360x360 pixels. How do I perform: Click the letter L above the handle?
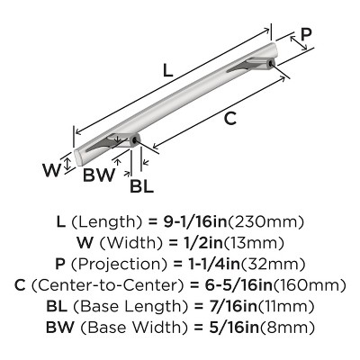(x=168, y=71)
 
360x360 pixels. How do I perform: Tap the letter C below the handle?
(x=230, y=119)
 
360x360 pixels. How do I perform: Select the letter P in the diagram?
(x=306, y=34)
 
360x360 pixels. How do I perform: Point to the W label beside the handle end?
(x=51, y=170)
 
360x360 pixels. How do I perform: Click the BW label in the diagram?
(x=99, y=175)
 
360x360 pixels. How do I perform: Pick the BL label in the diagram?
(x=141, y=186)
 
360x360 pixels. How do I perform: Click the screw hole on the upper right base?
(x=271, y=63)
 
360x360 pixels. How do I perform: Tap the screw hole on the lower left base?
(x=135, y=139)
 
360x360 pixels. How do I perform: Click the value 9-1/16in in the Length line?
(x=195, y=222)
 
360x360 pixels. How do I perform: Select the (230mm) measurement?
(x=266, y=222)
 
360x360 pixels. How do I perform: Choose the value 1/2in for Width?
(x=203, y=243)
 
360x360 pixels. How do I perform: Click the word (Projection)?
(x=119, y=265)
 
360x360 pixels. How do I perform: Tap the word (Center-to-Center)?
(x=107, y=285)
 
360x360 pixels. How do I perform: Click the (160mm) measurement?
(x=309, y=285)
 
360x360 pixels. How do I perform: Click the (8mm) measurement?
(x=287, y=328)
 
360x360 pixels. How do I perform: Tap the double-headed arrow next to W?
(x=68, y=164)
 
